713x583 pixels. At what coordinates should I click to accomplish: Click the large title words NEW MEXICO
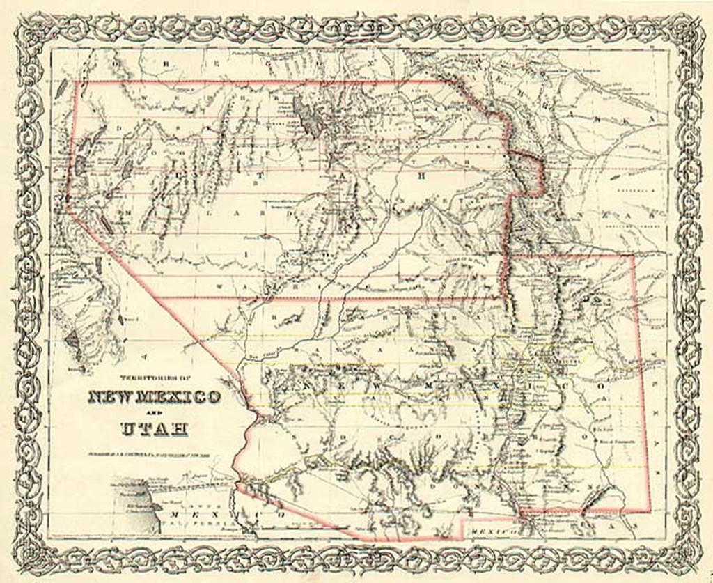155,398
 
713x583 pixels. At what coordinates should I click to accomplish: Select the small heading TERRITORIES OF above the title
155,378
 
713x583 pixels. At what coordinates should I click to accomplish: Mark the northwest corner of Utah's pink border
75,82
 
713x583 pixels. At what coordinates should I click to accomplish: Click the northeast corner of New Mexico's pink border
632,256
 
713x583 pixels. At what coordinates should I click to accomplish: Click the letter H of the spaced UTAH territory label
419,176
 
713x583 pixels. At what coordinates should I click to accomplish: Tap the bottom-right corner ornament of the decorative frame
686,557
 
